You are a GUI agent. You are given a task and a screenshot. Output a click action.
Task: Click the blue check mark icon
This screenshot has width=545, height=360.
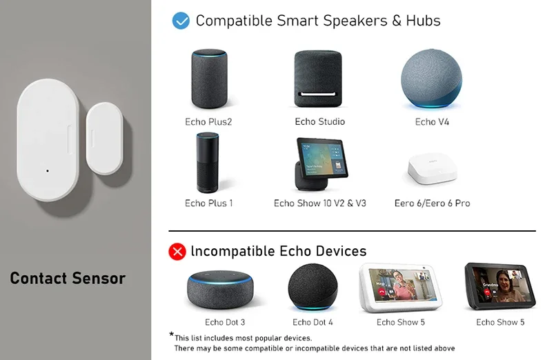tap(181, 21)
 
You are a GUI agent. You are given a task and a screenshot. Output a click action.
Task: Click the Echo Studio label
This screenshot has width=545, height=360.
tap(319, 122)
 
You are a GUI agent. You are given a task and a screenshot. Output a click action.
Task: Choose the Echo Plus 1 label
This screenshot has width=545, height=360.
tap(209, 203)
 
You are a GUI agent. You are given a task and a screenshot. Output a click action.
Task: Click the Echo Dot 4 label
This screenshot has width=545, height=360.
tap(313, 322)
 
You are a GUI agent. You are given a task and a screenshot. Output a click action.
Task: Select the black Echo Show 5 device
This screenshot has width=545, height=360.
tap(499, 286)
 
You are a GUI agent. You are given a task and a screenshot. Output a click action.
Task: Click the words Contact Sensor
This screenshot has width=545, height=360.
tap(68, 279)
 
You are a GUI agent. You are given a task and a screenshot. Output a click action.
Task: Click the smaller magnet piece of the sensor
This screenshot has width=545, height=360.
tap(103, 137)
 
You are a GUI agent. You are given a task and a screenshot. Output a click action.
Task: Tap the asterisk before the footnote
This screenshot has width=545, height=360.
tap(172, 335)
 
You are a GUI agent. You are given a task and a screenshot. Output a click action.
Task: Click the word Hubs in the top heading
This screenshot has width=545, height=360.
tap(424, 21)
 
